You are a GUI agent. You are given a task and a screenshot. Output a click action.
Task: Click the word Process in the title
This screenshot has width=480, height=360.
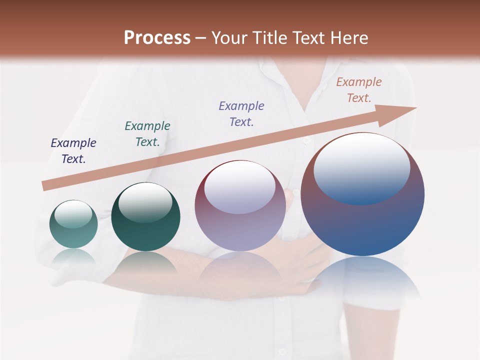[157, 38]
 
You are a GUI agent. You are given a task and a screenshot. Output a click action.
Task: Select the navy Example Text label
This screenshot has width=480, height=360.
[73, 150]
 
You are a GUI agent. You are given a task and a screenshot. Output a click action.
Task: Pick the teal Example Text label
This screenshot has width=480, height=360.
[147, 133]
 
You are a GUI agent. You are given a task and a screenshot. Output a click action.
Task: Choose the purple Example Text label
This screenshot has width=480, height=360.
[241, 113]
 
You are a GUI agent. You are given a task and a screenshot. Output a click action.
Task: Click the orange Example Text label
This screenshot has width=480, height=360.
[359, 89]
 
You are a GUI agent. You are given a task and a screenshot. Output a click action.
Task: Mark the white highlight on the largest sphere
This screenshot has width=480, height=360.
[361, 167]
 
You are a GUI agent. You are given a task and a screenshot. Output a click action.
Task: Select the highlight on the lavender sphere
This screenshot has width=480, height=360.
[239, 186]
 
